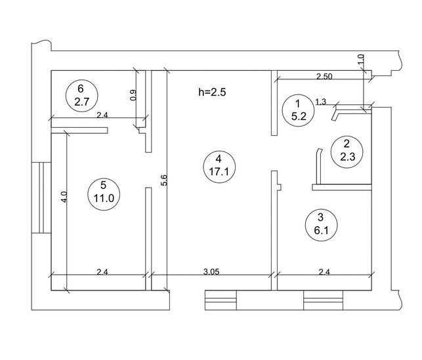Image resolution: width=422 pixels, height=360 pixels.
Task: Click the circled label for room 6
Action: tap(82, 96)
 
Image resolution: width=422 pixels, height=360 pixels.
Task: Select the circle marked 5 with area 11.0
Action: tap(104, 192)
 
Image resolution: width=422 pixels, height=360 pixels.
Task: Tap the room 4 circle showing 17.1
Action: tap(219, 167)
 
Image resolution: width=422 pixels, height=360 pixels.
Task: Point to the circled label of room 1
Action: tap(299, 110)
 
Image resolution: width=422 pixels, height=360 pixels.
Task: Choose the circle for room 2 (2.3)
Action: tap(347, 151)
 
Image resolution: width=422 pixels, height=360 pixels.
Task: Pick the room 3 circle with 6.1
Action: tap(322, 225)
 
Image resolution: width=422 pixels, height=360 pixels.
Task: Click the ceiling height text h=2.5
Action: tap(212, 92)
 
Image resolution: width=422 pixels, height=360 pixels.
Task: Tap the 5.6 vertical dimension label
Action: tap(164, 180)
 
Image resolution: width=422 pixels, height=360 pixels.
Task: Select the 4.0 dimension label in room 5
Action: tap(64, 197)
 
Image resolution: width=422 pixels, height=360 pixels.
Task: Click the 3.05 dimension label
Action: tap(211, 272)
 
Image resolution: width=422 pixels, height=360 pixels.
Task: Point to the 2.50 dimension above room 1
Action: tap(324, 76)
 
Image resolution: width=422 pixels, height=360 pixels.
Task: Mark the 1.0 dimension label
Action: tap(361, 59)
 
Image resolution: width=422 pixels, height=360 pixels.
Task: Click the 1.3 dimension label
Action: tap(320, 102)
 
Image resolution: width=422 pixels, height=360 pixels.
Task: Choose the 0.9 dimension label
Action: tap(133, 95)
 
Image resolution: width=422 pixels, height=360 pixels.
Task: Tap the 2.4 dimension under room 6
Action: tap(102, 115)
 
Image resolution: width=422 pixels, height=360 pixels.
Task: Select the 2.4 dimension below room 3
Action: tap(324, 272)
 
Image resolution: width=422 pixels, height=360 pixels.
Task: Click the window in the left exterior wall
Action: tap(41, 197)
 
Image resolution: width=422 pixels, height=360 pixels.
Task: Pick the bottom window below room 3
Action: tap(324, 300)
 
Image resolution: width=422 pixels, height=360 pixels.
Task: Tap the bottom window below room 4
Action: tap(221, 300)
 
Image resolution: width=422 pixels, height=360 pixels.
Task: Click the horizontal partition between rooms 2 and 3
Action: tap(342, 188)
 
